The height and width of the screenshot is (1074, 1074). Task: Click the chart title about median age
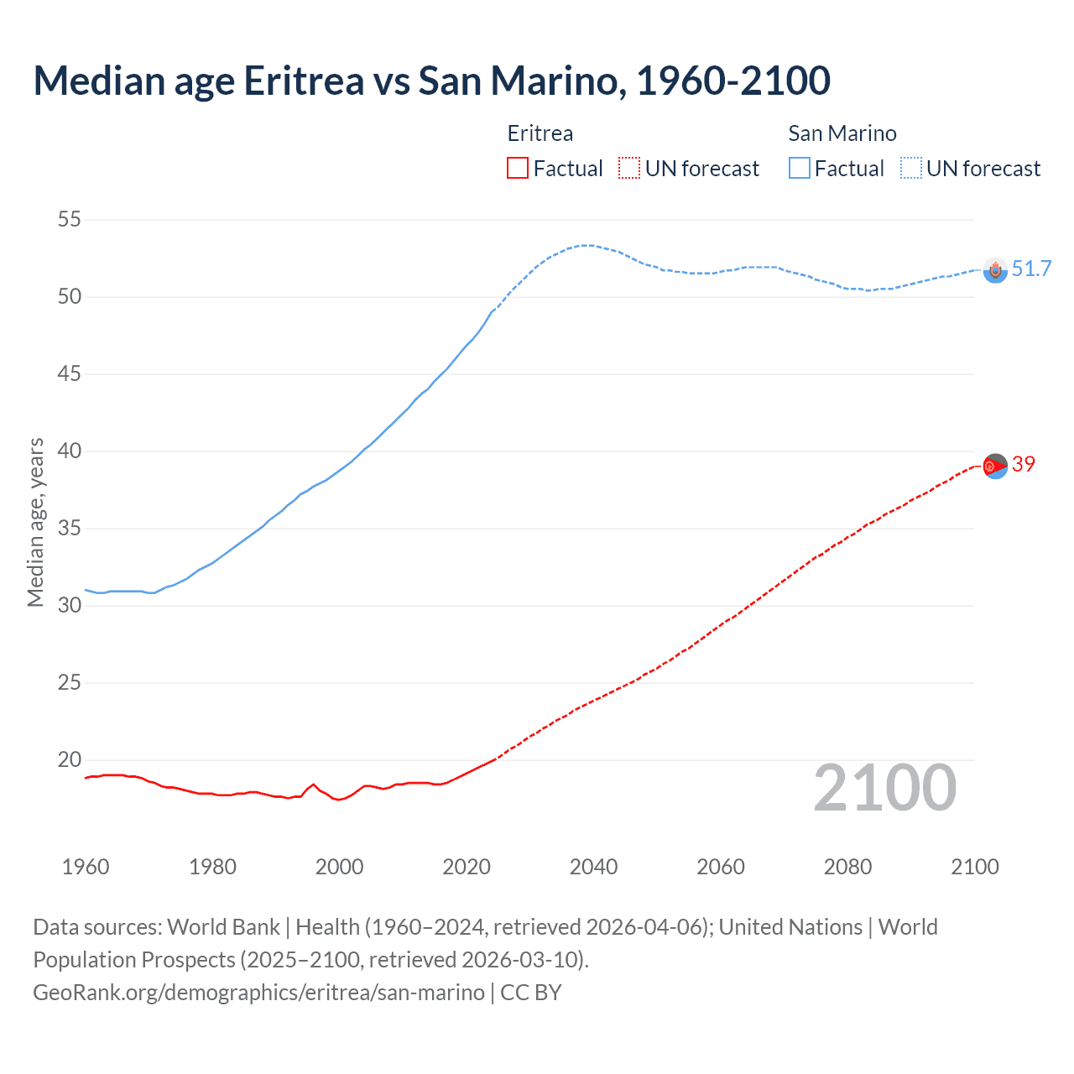tap(431, 81)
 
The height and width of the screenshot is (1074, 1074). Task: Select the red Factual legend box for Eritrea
tap(518, 169)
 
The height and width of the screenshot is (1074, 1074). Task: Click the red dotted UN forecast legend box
tap(628, 169)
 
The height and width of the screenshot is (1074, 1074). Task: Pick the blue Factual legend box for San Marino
tap(799, 169)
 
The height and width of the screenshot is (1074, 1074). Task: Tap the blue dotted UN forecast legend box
tap(910, 169)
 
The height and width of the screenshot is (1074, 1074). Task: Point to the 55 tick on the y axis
tap(70, 220)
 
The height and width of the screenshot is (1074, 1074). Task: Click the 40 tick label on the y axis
tap(70, 451)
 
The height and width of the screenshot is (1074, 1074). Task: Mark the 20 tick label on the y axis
tap(70, 760)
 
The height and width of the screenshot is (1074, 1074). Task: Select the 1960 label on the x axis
tap(86, 867)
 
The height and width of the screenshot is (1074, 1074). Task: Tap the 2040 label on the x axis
tap(593, 867)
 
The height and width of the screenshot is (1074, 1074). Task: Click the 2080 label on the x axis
tap(847, 867)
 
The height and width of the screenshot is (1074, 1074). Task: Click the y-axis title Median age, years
tap(35, 522)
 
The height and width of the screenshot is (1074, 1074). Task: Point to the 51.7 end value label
tap(1031, 269)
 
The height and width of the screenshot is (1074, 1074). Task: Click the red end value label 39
tap(1024, 465)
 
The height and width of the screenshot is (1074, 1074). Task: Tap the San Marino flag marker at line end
tap(995, 270)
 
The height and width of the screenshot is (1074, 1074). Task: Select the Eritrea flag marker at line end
tap(995, 466)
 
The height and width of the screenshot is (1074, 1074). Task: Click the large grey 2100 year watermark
tap(884, 788)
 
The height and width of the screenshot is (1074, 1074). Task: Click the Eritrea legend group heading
tap(540, 133)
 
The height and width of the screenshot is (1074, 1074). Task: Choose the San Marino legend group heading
tap(842, 133)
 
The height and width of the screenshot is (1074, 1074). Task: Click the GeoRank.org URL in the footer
tap(258, 993)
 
